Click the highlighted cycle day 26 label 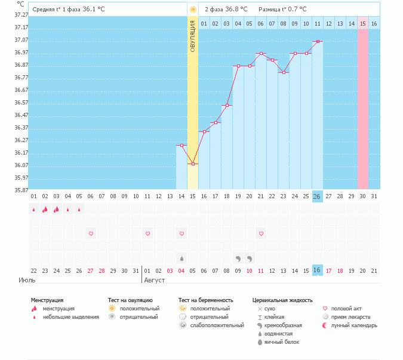point(317,196)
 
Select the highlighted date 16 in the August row point(317,270)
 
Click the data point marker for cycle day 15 point(192,164)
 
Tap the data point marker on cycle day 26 point(318,41)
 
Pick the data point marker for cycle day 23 point(284,73)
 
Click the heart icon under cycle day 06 point(91,233)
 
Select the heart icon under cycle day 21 point(261,233)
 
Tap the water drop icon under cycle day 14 point(181,259)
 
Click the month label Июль point(27,279)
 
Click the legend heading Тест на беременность point(205,300)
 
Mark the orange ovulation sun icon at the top point(192,10)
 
